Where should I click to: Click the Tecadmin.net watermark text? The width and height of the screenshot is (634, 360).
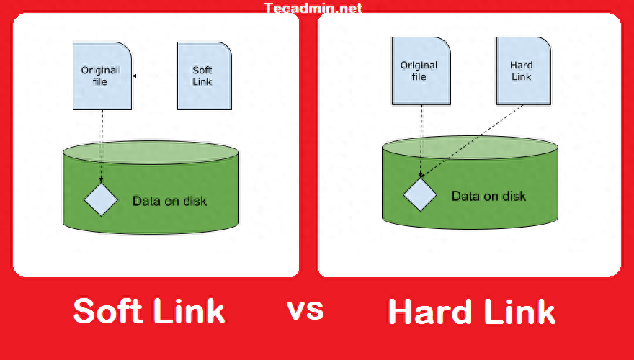coord(313,9)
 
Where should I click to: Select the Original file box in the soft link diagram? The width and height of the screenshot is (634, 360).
coord(102,76)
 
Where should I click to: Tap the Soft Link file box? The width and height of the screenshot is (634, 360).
coord(204,76)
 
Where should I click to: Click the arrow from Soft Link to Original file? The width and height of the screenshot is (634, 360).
coord(154,76)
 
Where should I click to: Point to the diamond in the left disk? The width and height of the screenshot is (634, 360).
coord(101,199)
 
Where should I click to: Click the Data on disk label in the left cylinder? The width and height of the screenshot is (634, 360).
coord(169,200)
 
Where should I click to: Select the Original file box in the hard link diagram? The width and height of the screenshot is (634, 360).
coord(419,71)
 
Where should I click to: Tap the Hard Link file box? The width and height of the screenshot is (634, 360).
coord(522,71)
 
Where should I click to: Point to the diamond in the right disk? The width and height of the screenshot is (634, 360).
coord(419,195)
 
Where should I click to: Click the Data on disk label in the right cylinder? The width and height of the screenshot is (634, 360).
coord(488,196)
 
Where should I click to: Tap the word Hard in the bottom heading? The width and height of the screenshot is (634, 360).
coord(428,311)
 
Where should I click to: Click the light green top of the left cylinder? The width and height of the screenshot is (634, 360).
coord(151,152)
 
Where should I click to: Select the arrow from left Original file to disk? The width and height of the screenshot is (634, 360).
coord(102,144)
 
